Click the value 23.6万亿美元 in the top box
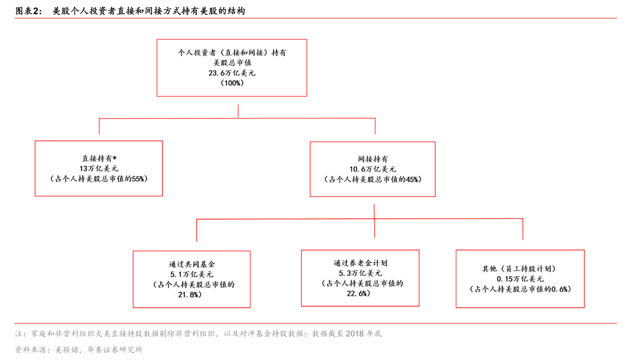click(x=232, y=73)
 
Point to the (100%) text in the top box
click(x=232, y=83)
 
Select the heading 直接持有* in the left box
click(x=99, y=158)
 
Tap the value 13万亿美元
click(x=99, y=168)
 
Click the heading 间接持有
click(x=373, y=159)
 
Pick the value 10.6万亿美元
click(x=373, y=169)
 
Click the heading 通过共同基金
click(x=192, y=264)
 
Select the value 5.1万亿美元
click(x=192, y=275)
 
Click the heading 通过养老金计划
click(x=361, y=263)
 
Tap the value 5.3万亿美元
click(x=360, y=273)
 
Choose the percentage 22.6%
click(x=358, y=294)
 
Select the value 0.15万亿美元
click(x=520, y=279)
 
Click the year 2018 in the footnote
click(x=354, y=333)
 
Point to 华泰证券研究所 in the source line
click(x=115, y=350)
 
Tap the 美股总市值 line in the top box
click(x=232, y=63)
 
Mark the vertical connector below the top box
click(x=238, y=111)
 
